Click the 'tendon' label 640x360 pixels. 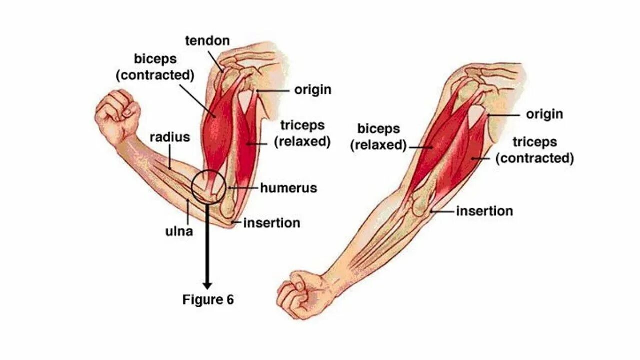(208, 41)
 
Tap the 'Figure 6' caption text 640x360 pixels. (208, 300)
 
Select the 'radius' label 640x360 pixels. (170, 137)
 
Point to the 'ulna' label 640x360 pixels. (179, 231)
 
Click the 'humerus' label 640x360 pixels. (288, 188)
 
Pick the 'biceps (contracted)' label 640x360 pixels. (155, 67)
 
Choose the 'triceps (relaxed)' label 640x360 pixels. (302, 133)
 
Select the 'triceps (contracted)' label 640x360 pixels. (534, 150)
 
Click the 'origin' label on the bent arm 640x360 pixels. (313, 90)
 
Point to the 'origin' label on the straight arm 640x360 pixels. (544, 114)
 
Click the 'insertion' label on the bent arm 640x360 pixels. (272, 223)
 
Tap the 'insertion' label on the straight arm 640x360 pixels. (484, 211)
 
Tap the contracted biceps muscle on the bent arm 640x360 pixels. (216, 130)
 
